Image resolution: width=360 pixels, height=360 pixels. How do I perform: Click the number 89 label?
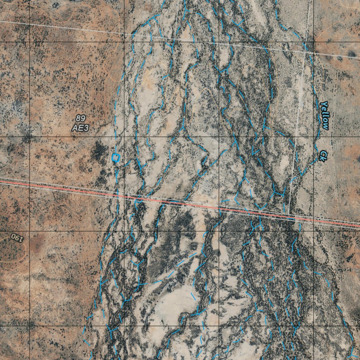click(x=80, y=118)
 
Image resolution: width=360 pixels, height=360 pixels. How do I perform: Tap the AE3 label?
click(x=80, y=128)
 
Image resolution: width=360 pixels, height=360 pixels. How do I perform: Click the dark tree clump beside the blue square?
click(x=99, y=151)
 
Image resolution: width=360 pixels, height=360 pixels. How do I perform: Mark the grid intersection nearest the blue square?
click(x=124, y=136)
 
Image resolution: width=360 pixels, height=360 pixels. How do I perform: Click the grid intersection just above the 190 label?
click(x=29, y=231)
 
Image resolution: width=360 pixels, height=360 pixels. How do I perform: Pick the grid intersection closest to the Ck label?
click(x=314, y=136)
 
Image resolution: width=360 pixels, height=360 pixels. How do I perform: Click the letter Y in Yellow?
click(x=324, y=104)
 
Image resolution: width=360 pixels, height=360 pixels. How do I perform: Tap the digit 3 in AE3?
click(x=85, y=128)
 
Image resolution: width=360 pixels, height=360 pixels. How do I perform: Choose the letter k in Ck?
click(x=322, y=159)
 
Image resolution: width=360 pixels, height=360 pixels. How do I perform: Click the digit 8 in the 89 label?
click(x=78, y=118)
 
